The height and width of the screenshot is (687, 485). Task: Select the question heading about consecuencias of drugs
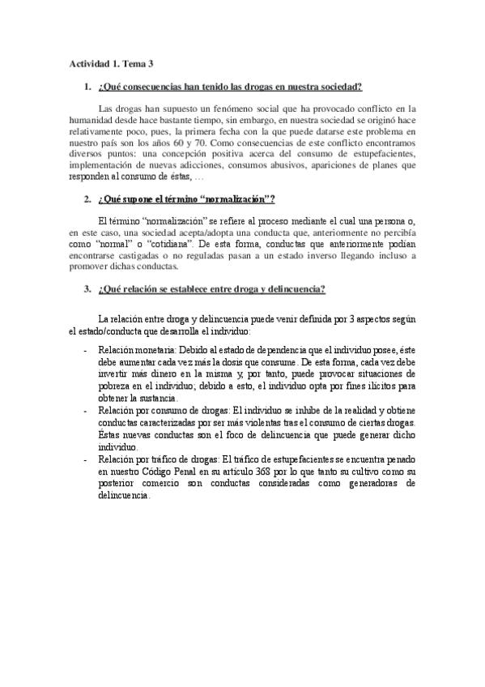coord(229,87)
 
